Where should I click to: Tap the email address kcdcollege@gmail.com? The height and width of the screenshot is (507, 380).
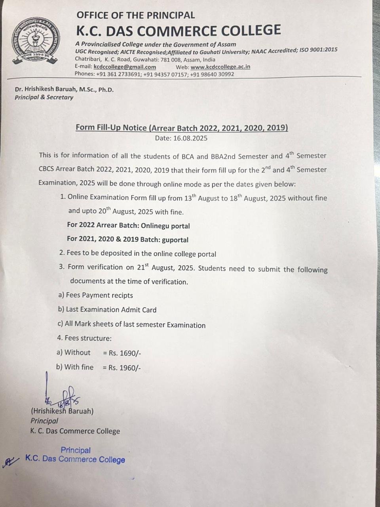(125, 67)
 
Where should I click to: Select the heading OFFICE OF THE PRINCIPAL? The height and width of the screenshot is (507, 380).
(135, 15)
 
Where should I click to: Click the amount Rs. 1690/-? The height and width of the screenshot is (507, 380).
(125, 353)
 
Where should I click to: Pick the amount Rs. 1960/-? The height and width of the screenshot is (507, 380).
(125, 368)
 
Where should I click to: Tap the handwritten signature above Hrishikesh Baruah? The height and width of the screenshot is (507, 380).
(61, 394)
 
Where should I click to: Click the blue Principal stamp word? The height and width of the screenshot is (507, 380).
(76, 450)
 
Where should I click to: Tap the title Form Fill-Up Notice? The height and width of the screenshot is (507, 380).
(111, 128)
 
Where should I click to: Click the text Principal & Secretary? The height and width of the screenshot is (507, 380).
(44, 97)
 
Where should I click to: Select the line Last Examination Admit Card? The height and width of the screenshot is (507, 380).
(111, 310)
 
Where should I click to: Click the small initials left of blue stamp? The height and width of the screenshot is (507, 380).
(11, 461)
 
